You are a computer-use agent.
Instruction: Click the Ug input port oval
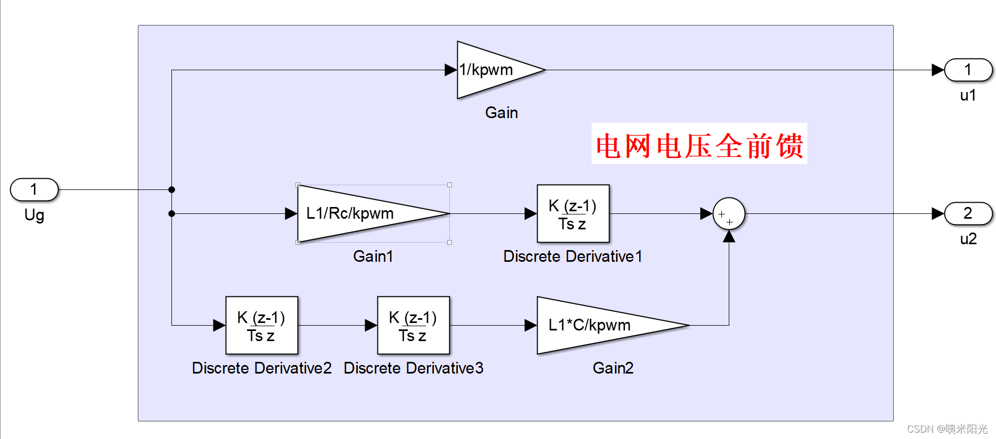(x=34, y=189)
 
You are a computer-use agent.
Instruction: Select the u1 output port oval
(x=968, y=70)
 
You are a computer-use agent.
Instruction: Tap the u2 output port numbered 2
(x=968, y=213)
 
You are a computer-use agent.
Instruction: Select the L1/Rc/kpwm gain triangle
(x=357, y=213)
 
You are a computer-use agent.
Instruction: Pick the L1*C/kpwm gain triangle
(x=596, y=325)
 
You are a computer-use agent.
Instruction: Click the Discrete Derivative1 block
(x=573, y=213)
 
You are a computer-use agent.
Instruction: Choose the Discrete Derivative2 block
(x=261, y=325)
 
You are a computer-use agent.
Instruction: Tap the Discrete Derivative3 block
(x=413, y=325)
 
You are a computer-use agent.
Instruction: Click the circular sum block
(x=729, y=213)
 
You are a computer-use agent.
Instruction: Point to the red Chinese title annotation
(x=699, y=144)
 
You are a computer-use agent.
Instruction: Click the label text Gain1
(x=373, y=256)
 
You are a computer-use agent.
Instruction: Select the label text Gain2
(x=613, y=368)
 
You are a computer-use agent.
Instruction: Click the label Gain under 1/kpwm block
(x=501, y=113)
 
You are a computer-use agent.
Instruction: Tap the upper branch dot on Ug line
(x=171, y=189)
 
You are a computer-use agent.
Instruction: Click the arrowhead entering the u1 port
(x=937, y=70)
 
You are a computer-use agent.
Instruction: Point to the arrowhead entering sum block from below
(x=729, y=237)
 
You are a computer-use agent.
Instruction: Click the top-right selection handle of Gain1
(x=449, y=185)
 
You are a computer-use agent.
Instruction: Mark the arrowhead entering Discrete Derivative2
(x=219, y=325)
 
